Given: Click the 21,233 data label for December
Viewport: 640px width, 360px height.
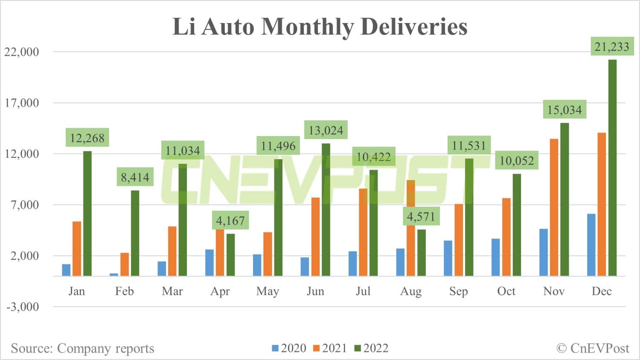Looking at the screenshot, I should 611,46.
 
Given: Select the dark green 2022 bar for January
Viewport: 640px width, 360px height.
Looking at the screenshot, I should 87,213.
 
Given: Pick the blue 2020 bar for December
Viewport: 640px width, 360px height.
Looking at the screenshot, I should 591,245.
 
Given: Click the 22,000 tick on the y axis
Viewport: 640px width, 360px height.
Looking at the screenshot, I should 22,52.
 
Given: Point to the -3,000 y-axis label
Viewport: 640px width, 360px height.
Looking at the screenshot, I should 22,307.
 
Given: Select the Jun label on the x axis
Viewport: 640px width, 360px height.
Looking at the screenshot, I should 315,291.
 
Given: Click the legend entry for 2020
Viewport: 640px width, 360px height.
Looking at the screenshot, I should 289,348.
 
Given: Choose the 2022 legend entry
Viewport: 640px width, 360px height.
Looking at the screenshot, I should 371,348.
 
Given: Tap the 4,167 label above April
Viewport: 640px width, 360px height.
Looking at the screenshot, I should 230,221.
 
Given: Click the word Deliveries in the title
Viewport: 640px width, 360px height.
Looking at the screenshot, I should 414,26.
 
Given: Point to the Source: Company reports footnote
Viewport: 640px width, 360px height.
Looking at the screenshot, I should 82,348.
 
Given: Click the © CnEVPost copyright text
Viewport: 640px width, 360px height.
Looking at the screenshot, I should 593,348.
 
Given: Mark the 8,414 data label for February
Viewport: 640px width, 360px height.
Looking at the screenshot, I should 135,177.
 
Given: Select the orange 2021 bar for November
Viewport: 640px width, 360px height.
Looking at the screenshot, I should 554,207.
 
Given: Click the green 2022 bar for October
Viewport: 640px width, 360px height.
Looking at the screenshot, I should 517,225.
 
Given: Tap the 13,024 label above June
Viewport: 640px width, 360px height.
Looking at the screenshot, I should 326,130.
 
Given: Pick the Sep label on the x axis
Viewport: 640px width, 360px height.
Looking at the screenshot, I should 458,291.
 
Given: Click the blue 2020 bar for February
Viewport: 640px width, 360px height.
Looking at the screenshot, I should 114,274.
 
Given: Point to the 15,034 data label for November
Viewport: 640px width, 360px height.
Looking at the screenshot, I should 564,110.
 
